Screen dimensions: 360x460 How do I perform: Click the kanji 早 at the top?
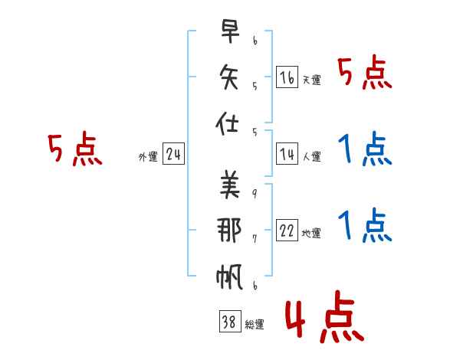coord(229,34)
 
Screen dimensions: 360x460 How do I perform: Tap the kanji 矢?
coord(229,77)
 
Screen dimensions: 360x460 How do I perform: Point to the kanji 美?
coord(229,184)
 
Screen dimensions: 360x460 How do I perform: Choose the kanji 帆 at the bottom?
coord(229,275)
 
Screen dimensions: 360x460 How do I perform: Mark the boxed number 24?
coord(173,155)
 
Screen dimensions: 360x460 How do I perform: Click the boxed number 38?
coord(228,322)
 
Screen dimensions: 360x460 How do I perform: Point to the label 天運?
coord(311,80)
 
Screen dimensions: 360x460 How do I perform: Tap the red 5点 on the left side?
coord(75,149)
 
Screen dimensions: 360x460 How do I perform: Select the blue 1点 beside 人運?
coord(365,149)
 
